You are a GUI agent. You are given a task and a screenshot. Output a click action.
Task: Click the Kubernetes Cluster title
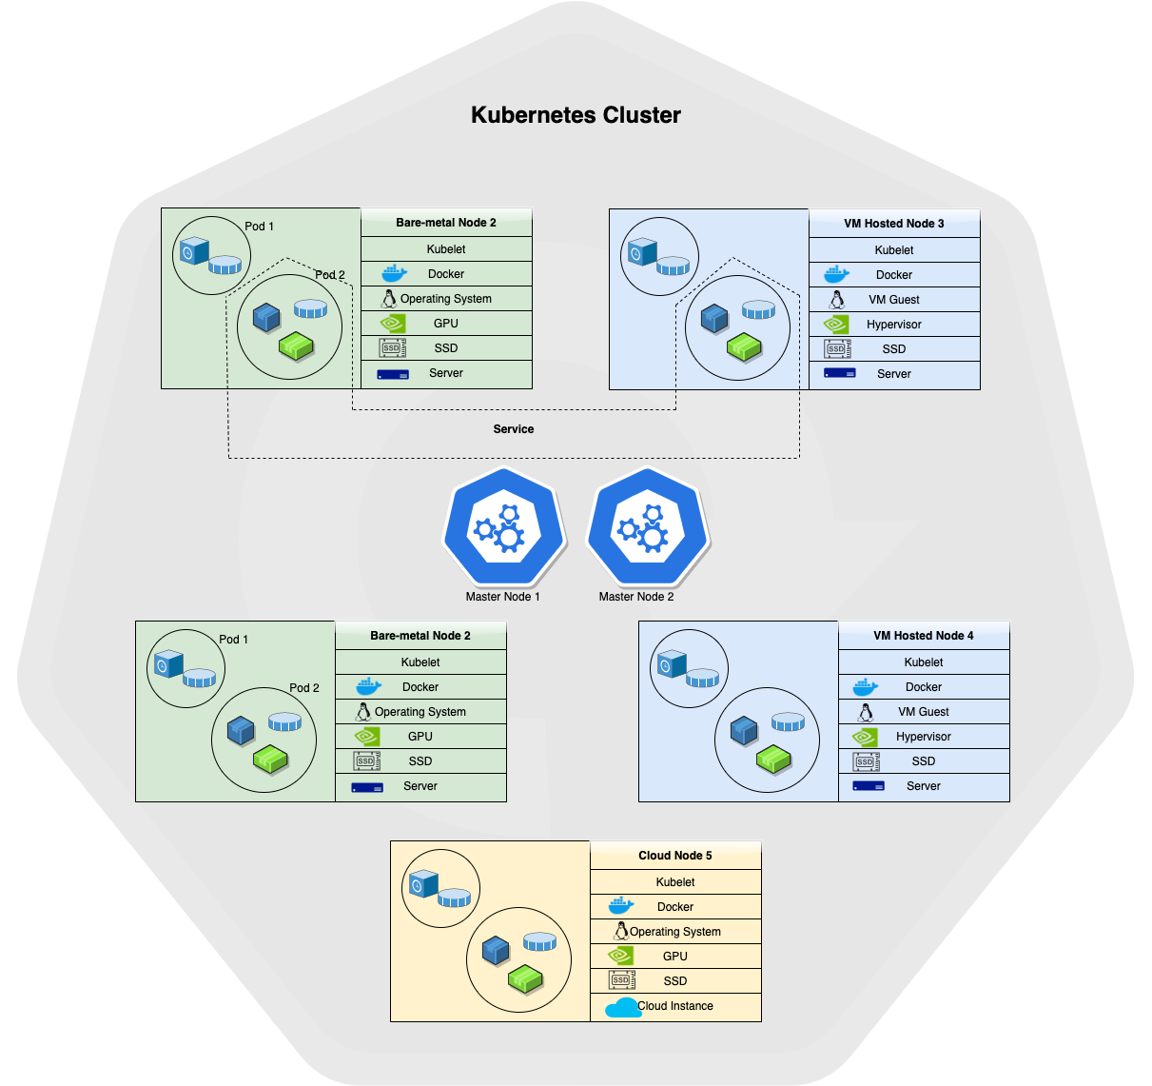[x=576, y=115]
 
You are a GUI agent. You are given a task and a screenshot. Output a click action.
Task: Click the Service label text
[x=514, y=429]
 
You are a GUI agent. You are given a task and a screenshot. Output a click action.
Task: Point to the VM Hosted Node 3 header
[x=894, y=224]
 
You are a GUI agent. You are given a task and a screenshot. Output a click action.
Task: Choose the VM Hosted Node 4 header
[x=924, y=636]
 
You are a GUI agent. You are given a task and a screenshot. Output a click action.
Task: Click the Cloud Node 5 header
[x=675, y=856]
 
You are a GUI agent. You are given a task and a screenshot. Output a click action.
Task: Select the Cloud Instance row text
[x=675, y=1006]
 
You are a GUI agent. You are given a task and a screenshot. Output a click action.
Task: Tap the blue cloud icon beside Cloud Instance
[x=623, y=1007]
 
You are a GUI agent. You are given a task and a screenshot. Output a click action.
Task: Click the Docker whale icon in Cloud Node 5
[x=621, y=906]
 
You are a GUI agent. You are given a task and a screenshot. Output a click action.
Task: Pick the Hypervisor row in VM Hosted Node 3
[x=894, y=325]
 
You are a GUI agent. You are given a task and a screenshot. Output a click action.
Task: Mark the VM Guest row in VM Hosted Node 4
[x=924, y=712]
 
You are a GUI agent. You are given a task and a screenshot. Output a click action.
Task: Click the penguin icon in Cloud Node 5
[x=621, y=931]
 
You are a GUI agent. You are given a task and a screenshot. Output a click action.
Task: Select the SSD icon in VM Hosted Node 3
[x=837, y=349]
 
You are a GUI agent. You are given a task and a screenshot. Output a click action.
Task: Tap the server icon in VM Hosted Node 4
[x=869, y=786]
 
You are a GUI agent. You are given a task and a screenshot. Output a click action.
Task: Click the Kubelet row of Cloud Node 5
[x=675, y=882]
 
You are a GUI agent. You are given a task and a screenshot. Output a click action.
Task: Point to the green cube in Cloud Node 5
[x=524, y=977]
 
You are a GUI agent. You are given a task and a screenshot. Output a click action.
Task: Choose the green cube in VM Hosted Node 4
[x=773, y=760]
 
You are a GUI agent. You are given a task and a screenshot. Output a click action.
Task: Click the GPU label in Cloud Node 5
[x=675, y=957]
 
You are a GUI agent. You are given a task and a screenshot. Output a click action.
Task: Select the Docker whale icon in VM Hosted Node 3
[x=837, y=275]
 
